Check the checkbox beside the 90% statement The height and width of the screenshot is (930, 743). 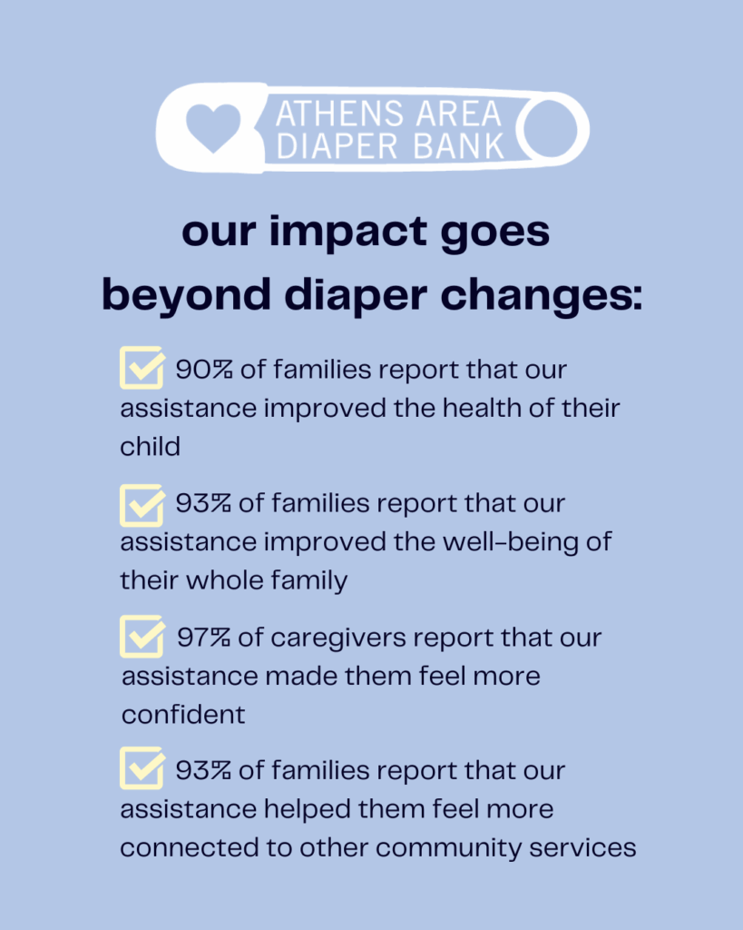coord(142,369)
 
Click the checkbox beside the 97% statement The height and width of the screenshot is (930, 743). coord(142,636)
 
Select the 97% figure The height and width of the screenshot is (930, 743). coord(203,638)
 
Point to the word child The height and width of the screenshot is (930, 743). coord(150,446)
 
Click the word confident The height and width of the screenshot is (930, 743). coord(183,715)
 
